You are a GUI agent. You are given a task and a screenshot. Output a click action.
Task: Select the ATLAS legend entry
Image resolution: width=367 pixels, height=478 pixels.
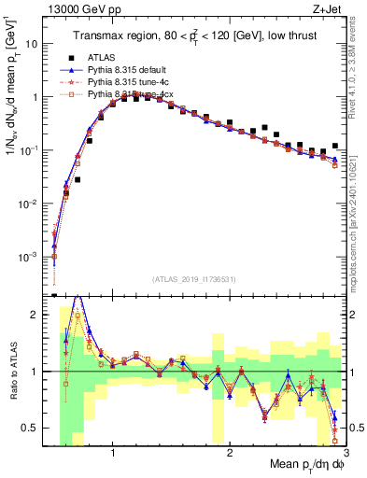pyautogui.click(x=103, y=58)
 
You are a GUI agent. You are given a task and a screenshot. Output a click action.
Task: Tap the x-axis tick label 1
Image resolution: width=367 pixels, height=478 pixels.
pyautogui.click(x=113, y=455)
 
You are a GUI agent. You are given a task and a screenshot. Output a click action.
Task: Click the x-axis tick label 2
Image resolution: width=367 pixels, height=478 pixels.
pyautogui.click(x=230, y=455)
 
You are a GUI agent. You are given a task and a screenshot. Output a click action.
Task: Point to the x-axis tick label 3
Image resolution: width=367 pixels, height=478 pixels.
pyautogui.click(x=345, y=455)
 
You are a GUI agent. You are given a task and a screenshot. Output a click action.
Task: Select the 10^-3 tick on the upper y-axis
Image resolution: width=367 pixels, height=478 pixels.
pyautogui.click(x=29, y=256)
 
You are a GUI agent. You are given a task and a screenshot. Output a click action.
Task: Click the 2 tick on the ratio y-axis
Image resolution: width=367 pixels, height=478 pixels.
pyautogui.click(x=35, y=315)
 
